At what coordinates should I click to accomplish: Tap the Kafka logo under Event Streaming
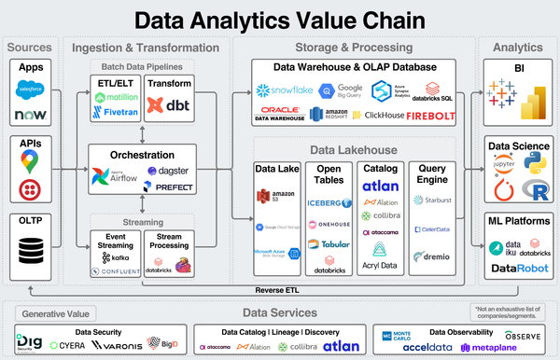tap(116, 256)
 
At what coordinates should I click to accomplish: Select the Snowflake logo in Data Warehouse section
tap(284, 90)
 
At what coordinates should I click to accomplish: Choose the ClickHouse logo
tap(378, 117)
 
